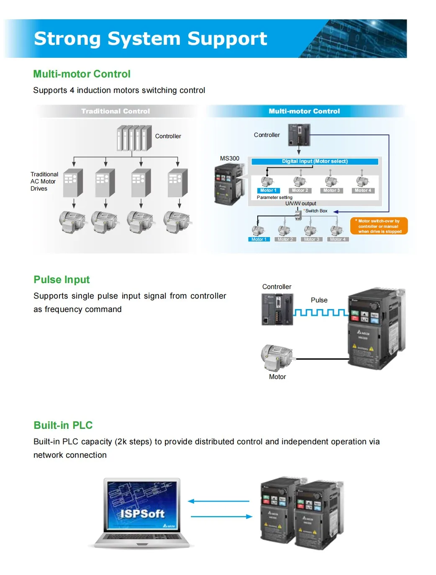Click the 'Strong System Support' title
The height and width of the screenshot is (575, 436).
point(150,39)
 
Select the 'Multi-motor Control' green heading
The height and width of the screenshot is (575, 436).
point(82,74)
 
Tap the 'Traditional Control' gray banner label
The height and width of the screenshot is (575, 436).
point(115,111)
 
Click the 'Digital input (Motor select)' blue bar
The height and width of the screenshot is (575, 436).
point(315,161)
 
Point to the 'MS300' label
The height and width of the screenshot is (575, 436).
point(230,158)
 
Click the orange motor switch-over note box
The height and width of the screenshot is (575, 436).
point(379,226)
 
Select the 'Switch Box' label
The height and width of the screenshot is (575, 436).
point(316,211)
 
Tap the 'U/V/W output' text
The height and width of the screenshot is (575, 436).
point(300,204)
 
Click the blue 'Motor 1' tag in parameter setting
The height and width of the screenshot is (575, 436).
point(268,191)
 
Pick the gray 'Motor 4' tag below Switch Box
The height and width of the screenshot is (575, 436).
point(338,240)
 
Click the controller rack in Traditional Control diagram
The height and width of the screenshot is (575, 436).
point(134,138)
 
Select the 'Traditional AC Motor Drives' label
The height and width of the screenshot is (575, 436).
point(44,181)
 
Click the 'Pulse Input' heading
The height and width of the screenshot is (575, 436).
point(62,280)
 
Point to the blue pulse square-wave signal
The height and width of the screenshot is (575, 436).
point(321,312)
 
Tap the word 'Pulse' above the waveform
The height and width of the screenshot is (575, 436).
point(319,300)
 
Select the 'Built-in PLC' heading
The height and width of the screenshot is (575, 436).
point(63,425)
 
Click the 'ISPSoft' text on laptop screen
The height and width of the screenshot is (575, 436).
point(142,513)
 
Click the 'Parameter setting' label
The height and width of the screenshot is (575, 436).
point(274,197)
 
